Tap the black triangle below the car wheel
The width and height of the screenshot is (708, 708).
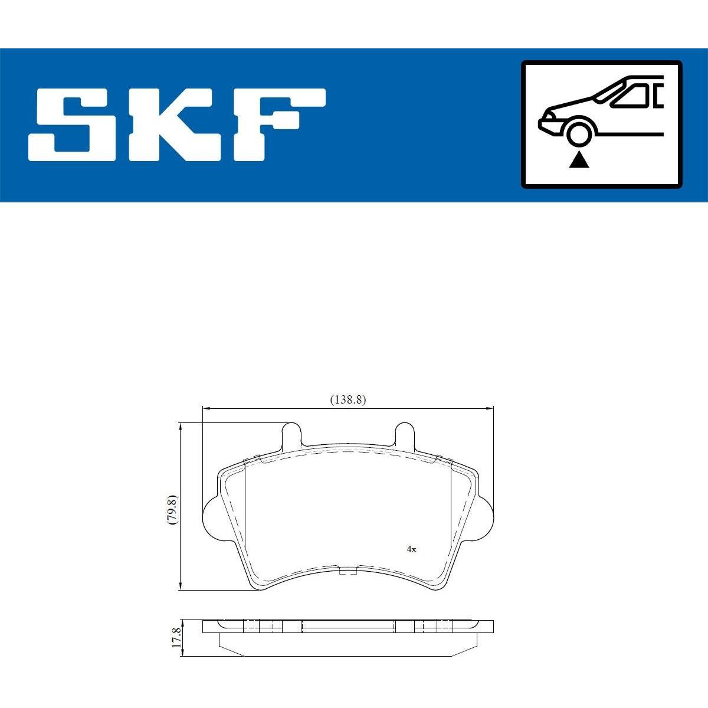[x=579, y=160]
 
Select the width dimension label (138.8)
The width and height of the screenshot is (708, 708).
[x=348, y=399]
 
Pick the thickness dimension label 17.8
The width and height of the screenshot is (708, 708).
[x=176, y=637]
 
